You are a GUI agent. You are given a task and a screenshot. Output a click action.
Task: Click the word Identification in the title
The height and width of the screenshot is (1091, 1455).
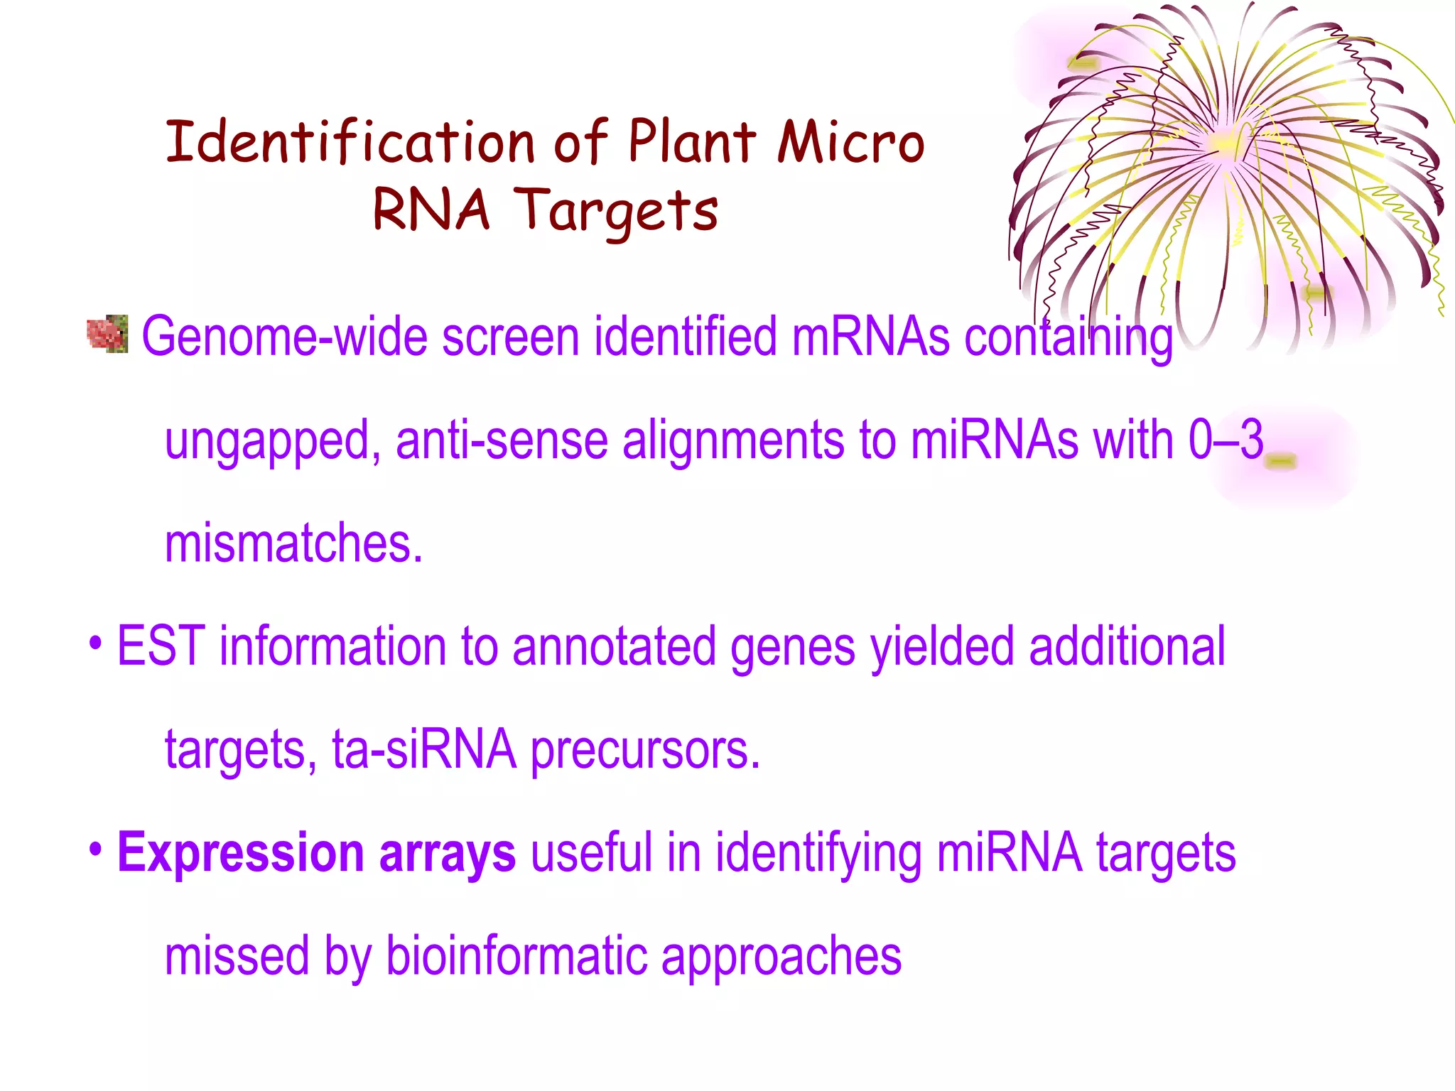[x=350, y=142]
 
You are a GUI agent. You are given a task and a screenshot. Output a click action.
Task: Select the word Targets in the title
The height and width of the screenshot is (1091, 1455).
[x=615, y=211]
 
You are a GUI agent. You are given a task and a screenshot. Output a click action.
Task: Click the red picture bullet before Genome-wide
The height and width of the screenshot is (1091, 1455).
[x=107, y=334]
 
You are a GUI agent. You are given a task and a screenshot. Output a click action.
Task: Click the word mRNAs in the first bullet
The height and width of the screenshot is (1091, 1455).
[x=870, y=337]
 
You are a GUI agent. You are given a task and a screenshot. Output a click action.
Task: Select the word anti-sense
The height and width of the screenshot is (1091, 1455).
[x=501, y=440]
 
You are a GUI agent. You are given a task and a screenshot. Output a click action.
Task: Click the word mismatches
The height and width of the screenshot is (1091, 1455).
[x=293, y=543]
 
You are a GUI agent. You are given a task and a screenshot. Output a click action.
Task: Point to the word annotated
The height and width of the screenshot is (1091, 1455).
[x=613, y=646]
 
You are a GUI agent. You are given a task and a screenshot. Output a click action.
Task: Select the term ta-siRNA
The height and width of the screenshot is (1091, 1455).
[x=424, y=750]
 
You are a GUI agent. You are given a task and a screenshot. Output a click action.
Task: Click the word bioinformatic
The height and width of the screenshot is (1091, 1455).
[x=516, y=957]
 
